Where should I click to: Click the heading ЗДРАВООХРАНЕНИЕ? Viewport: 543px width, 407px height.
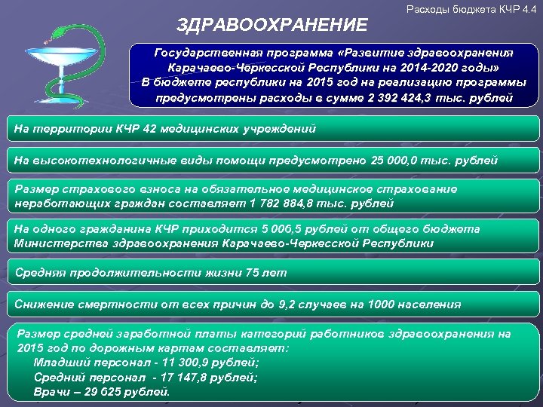[272, 26]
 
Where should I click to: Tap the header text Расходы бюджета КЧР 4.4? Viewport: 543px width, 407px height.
[471, 9]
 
